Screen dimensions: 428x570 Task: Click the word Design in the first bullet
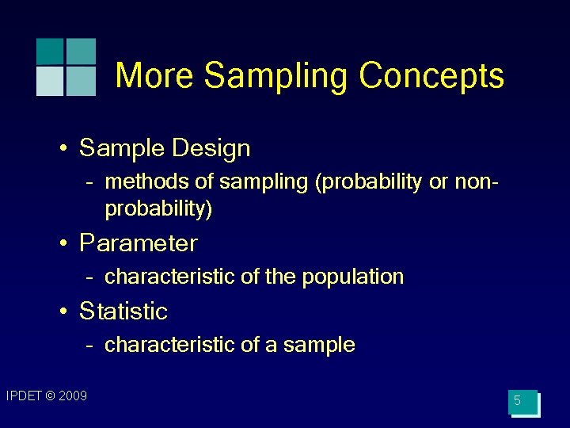(214, 149)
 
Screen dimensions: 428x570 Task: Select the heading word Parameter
(139, 243)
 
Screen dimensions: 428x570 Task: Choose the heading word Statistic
(123, 311)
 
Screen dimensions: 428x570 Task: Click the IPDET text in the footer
(23, 396)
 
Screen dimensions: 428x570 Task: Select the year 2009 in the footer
(73, 396)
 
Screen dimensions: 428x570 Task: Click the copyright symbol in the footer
(50, 396)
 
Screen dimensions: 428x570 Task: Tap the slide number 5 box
(522, 402)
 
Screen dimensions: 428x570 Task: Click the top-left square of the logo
(49, 51)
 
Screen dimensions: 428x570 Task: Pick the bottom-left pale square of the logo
(49, 82)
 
